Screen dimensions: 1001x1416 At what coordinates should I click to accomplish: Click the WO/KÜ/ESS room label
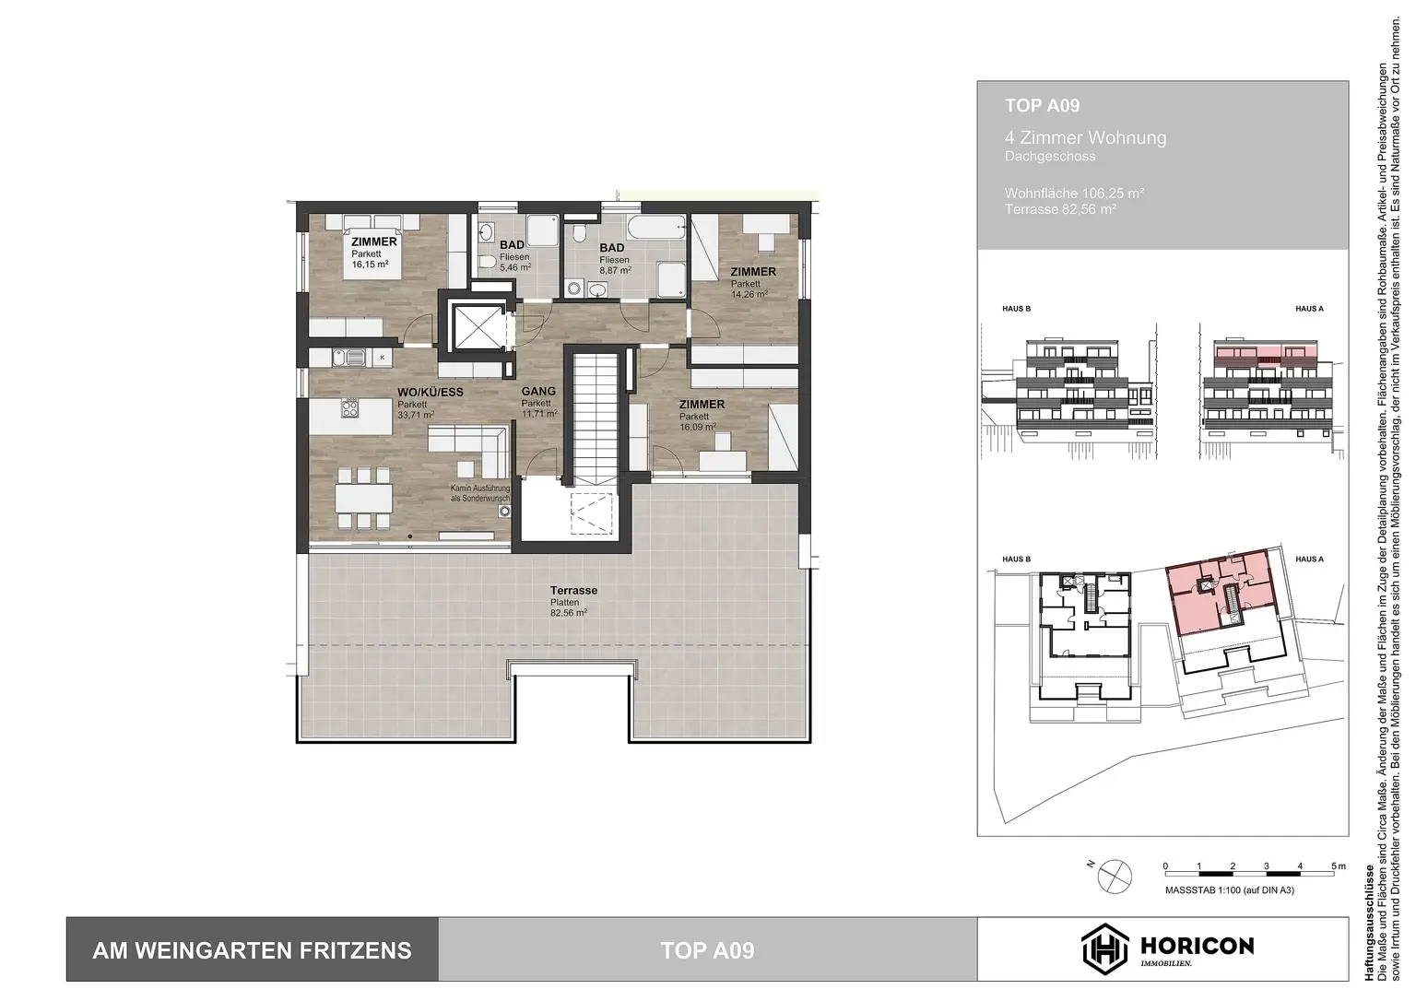coord(430,392)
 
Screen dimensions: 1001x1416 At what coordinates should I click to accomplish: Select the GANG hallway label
coord(538,391)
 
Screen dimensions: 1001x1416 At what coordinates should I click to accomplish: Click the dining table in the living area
coord(362,498)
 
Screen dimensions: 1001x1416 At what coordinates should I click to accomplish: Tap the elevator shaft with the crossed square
coord(477,324)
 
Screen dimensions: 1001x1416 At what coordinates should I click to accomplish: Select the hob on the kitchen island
coord(351,407)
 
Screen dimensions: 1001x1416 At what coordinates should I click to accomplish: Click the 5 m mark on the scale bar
coord(1333,867)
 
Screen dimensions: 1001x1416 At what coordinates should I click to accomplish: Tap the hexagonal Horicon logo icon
coord(1104,948)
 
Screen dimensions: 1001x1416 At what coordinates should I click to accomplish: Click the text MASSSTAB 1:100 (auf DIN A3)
coord(1229,890)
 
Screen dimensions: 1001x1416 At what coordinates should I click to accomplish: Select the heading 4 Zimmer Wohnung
coord(1085,138)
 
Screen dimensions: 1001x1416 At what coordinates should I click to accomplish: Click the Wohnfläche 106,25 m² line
coord(1074,194)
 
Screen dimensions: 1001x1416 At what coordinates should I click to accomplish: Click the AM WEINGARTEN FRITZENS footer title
coord(252,950)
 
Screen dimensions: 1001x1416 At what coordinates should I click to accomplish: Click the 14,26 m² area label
coord(749,294)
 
